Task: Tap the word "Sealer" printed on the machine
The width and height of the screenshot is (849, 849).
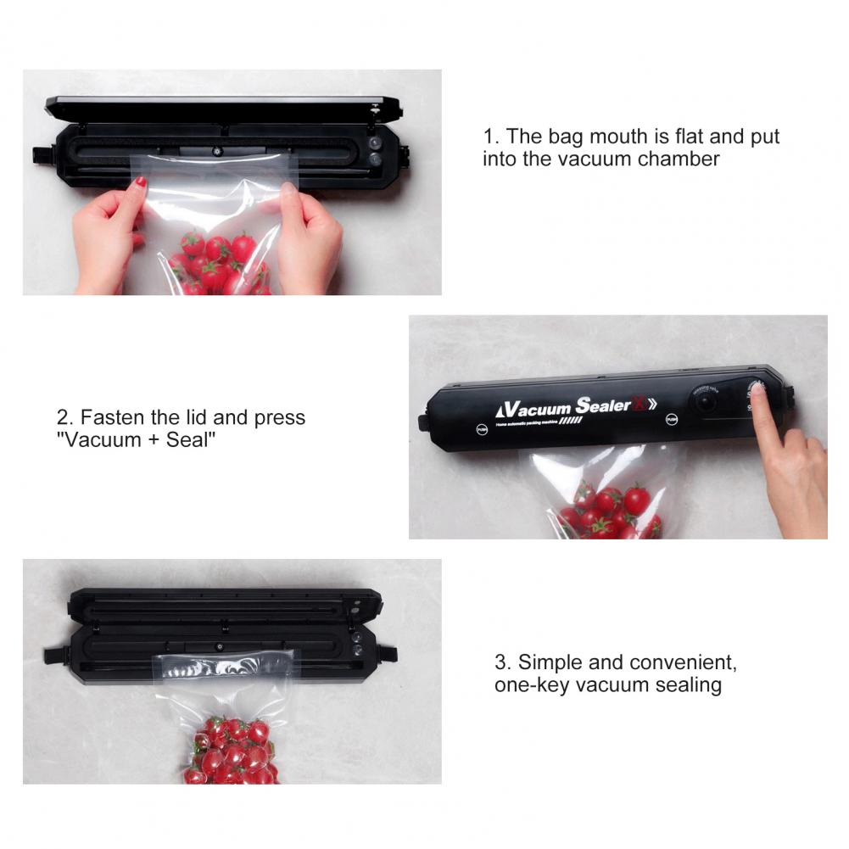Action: pos(603,405)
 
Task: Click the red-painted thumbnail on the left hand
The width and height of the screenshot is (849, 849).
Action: pos(142,182)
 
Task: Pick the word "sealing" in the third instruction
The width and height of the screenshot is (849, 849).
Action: pos(688,685)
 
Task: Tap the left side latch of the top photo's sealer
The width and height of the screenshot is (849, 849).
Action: pos(40,156)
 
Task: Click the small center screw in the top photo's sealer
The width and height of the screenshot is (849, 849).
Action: pos(217,152)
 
